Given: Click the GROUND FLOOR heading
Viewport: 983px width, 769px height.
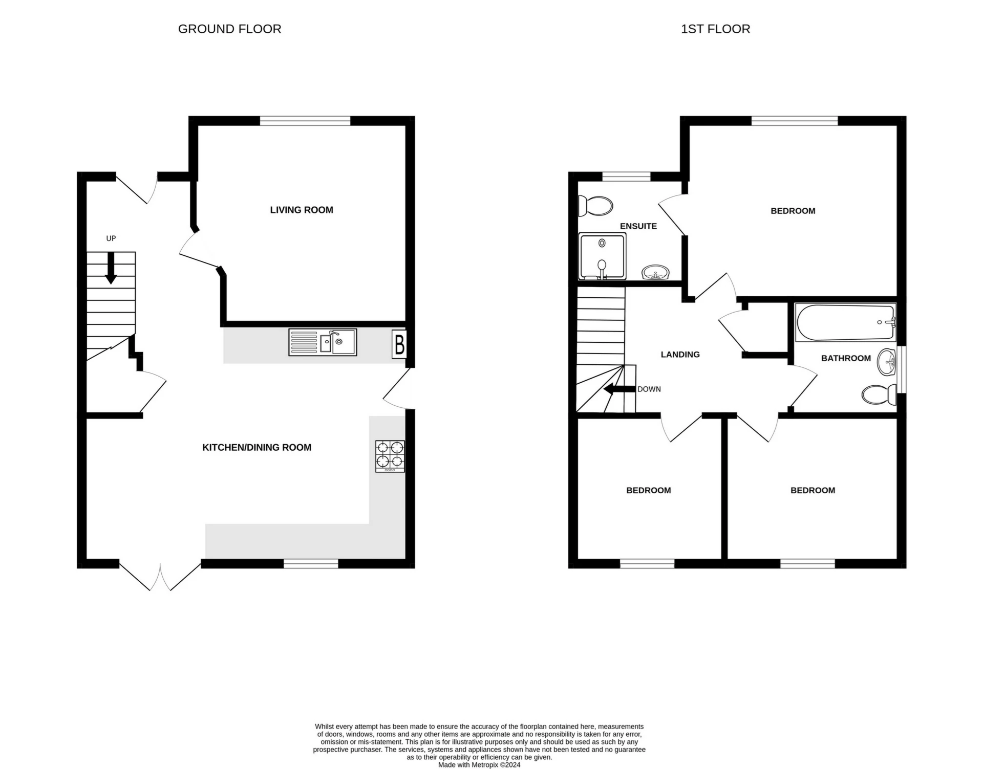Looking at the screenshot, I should click(229, 29).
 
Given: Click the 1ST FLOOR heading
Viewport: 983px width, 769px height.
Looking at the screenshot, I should click(715, 29).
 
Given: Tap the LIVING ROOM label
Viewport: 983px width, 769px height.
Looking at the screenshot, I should click(302, 210).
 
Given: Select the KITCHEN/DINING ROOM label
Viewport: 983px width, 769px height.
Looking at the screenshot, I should click(257, 447).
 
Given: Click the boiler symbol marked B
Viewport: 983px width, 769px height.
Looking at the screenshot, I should click(399, 344).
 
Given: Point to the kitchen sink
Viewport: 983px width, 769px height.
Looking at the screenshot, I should click(323, 342).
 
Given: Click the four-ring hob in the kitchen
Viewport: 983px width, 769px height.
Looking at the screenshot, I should click(390, 456).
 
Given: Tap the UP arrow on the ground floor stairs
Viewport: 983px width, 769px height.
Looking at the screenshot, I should click(111, 268).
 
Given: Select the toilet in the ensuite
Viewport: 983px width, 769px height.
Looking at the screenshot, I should click(595, 206).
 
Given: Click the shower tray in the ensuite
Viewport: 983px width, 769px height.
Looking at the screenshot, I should click(602, 256).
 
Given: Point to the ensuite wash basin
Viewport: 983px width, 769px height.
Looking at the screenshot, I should click(655, 272).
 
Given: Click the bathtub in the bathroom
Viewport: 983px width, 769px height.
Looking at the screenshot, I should click(845, 322).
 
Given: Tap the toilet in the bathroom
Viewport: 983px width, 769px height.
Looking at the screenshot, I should click(879, 394).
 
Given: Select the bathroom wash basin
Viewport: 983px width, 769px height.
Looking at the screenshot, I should click(886, 363).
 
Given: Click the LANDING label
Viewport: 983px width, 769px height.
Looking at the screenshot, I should click(680, 355).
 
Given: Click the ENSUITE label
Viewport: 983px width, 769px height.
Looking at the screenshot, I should click(638, 226).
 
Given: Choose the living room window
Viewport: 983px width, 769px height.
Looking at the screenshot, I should click(305, 121).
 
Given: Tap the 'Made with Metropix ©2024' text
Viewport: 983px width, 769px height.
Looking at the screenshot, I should click(479, 765).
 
